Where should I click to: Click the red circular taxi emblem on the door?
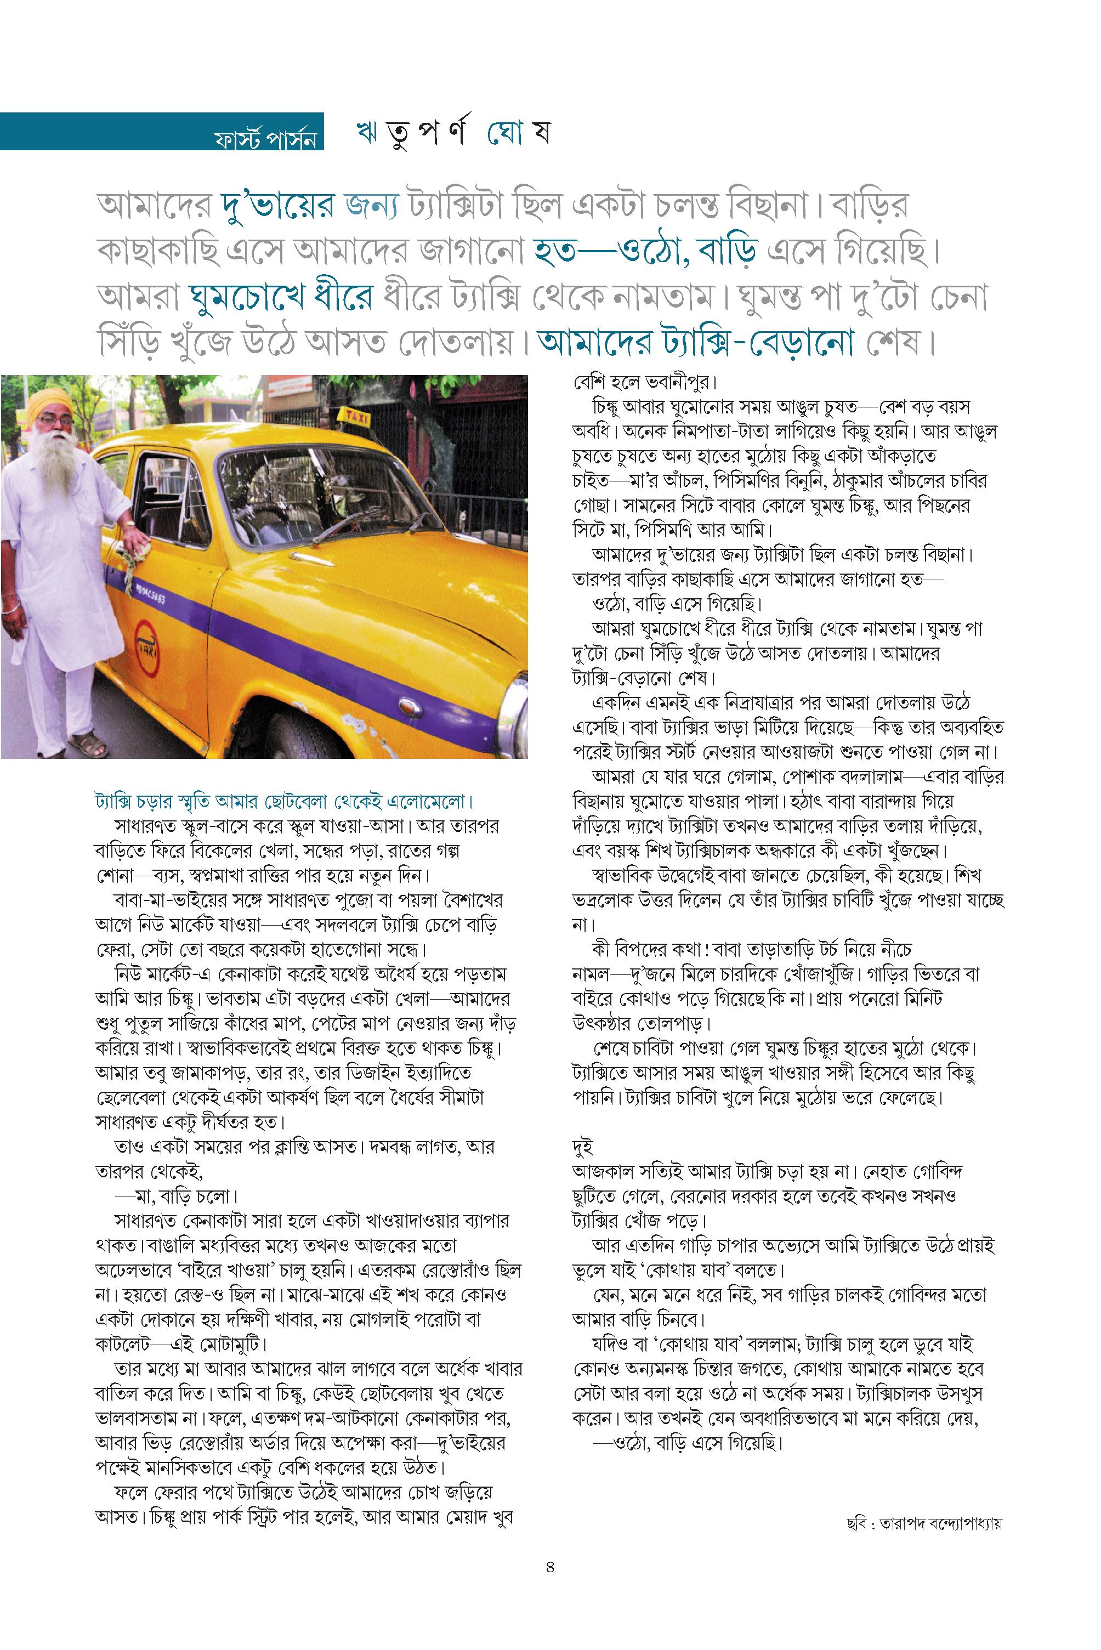[147, 641]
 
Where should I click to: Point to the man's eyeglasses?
[55, 421]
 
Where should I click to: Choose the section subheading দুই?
[582, 1147]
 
